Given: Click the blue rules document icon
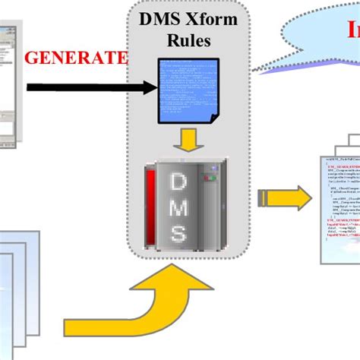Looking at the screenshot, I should (186, 88).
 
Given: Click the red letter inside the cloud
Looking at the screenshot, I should (354, 30).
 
